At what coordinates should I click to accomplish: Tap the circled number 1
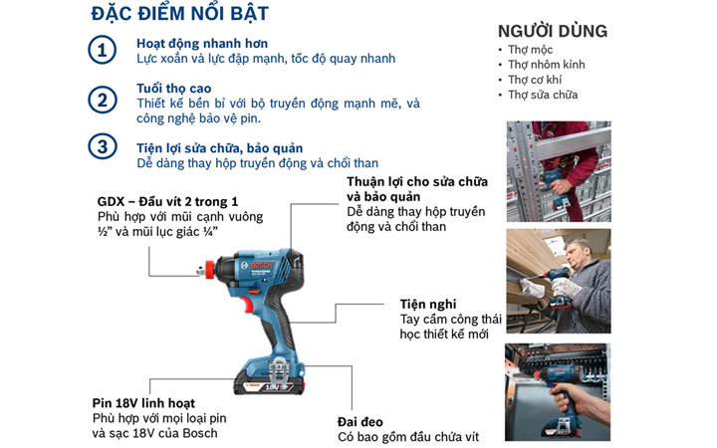(x=102, y=52)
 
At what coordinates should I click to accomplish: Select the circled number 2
(x=102, y=100)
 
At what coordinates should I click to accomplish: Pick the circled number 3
(x=102, y=147)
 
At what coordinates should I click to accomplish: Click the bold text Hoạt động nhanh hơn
(x=201, y=45)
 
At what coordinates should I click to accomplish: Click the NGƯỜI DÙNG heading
(x=552, y=31)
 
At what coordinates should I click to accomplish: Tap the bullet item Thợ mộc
(x=529, y=50)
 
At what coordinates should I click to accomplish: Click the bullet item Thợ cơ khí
(x=536, y=80)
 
